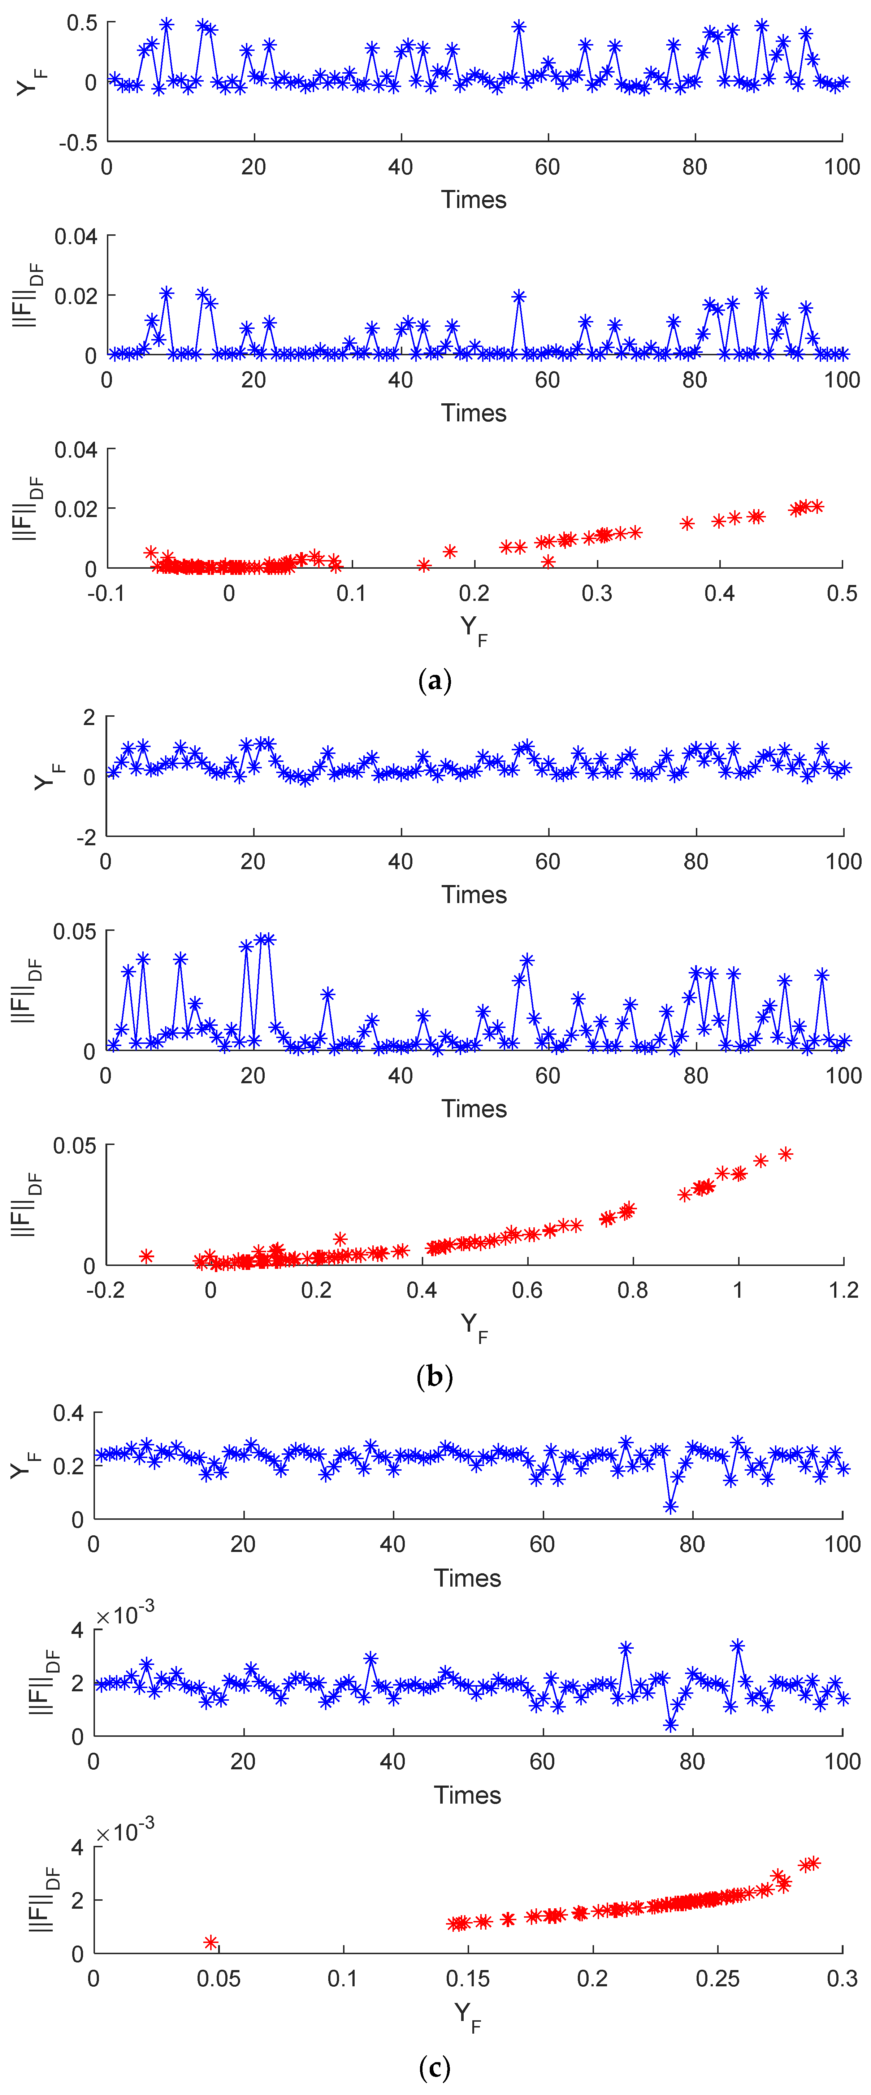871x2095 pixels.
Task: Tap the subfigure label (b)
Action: tap(434, 1376)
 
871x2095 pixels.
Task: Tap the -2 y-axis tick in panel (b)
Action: tap(86, 838)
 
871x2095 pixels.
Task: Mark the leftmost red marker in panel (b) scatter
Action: tap(146, 1257)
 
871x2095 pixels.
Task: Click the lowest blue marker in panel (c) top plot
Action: tap(671, 1506)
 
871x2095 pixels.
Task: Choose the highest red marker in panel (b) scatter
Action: tap(786, 1154)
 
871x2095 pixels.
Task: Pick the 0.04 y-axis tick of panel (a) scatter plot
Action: tap(75, 450)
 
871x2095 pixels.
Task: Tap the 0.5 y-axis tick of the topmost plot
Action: tap(81, 23)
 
